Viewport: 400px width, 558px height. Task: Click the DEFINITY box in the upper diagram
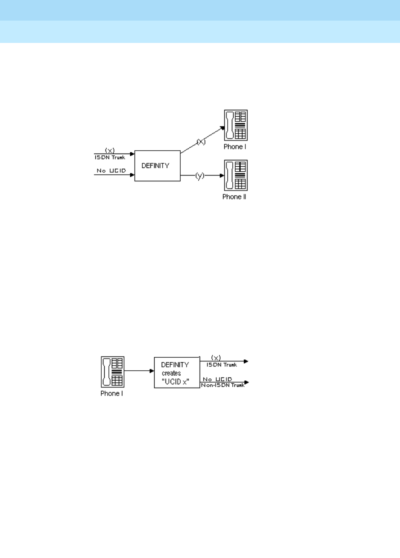[x=157, y=166]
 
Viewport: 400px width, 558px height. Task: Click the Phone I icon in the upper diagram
[x=236, y=125]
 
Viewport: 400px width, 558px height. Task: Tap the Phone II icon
[x=235, y=175]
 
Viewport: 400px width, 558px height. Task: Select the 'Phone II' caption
[x=234, y=197]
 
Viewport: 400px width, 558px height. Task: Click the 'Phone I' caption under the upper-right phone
[x=234, y=147]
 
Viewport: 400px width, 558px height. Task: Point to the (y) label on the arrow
[x=200, y=175]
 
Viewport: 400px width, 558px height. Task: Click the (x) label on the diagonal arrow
[x=201, y=142]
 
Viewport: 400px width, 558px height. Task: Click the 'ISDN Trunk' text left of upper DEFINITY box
[x=110, y=157]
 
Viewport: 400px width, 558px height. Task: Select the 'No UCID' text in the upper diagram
[x=111, y=170]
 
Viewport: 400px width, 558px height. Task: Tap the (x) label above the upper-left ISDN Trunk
[x=110, y=150]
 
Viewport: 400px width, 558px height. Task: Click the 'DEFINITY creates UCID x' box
[x=176, y=372]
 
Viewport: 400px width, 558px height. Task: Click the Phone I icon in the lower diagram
[x=112, y=372]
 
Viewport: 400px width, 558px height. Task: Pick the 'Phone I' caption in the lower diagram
[x=112, y=394]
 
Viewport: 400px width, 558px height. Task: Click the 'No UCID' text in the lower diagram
[x=217, y=379]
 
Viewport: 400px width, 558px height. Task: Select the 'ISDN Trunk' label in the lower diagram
[x=221, y=365]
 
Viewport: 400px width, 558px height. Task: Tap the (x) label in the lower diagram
[x=216, y=358]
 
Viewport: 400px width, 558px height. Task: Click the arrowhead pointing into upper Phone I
[x=222, y=128]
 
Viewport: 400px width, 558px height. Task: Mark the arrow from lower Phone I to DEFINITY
[x=139, y=371]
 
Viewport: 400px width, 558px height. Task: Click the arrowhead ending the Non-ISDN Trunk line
[x=247, y=383]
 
